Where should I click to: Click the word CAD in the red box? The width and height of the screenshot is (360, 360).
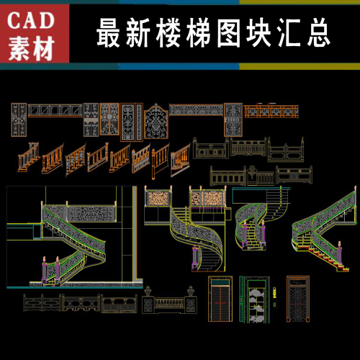pos(30,21)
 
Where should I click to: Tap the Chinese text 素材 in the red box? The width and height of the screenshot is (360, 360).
pos(31,49)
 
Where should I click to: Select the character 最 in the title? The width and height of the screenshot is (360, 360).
pos(108,33)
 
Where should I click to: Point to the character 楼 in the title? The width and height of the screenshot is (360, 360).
pos(168,33)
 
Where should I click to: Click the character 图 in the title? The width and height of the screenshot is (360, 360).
pos(228,33)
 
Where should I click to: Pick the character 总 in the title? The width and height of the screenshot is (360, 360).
pos(319,33)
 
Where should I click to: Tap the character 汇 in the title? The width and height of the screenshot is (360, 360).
pos(289,33)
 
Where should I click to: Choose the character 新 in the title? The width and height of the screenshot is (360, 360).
pos(138,33)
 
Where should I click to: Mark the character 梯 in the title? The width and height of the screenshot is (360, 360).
pos(198,33)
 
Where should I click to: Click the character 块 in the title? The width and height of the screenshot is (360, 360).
pos(258,33)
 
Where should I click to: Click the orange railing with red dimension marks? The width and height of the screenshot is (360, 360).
pos(271,111)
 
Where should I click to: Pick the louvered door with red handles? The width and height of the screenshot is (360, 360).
pos(220,299)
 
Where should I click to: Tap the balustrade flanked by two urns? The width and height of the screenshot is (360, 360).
pos(169,300)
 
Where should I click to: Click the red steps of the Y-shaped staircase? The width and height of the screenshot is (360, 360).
pos(323,256)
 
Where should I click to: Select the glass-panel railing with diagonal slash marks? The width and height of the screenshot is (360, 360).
pos(55,111)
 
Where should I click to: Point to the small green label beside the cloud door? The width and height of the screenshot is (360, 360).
pos(274,292)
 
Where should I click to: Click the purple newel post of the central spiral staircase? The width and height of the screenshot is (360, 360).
pos(195,258)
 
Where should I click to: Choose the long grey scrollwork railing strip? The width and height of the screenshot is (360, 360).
pos(197,110)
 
